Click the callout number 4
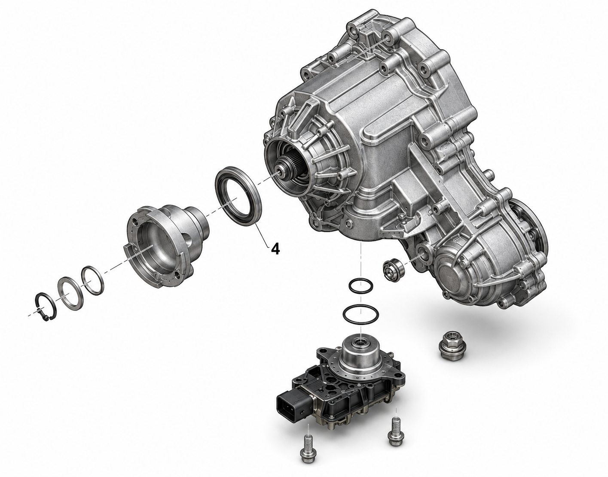click(x=275, y=249)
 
